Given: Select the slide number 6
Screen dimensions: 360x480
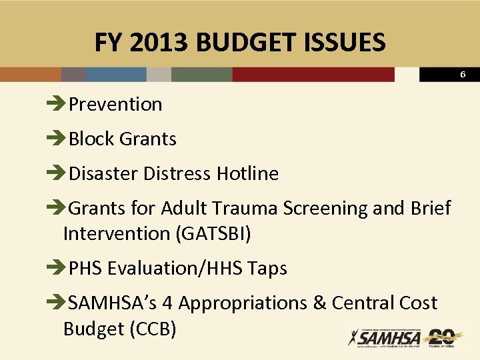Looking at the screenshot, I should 463,75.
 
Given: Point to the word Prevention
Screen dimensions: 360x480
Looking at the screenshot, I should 115,104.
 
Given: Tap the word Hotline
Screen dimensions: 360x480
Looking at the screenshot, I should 247,173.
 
